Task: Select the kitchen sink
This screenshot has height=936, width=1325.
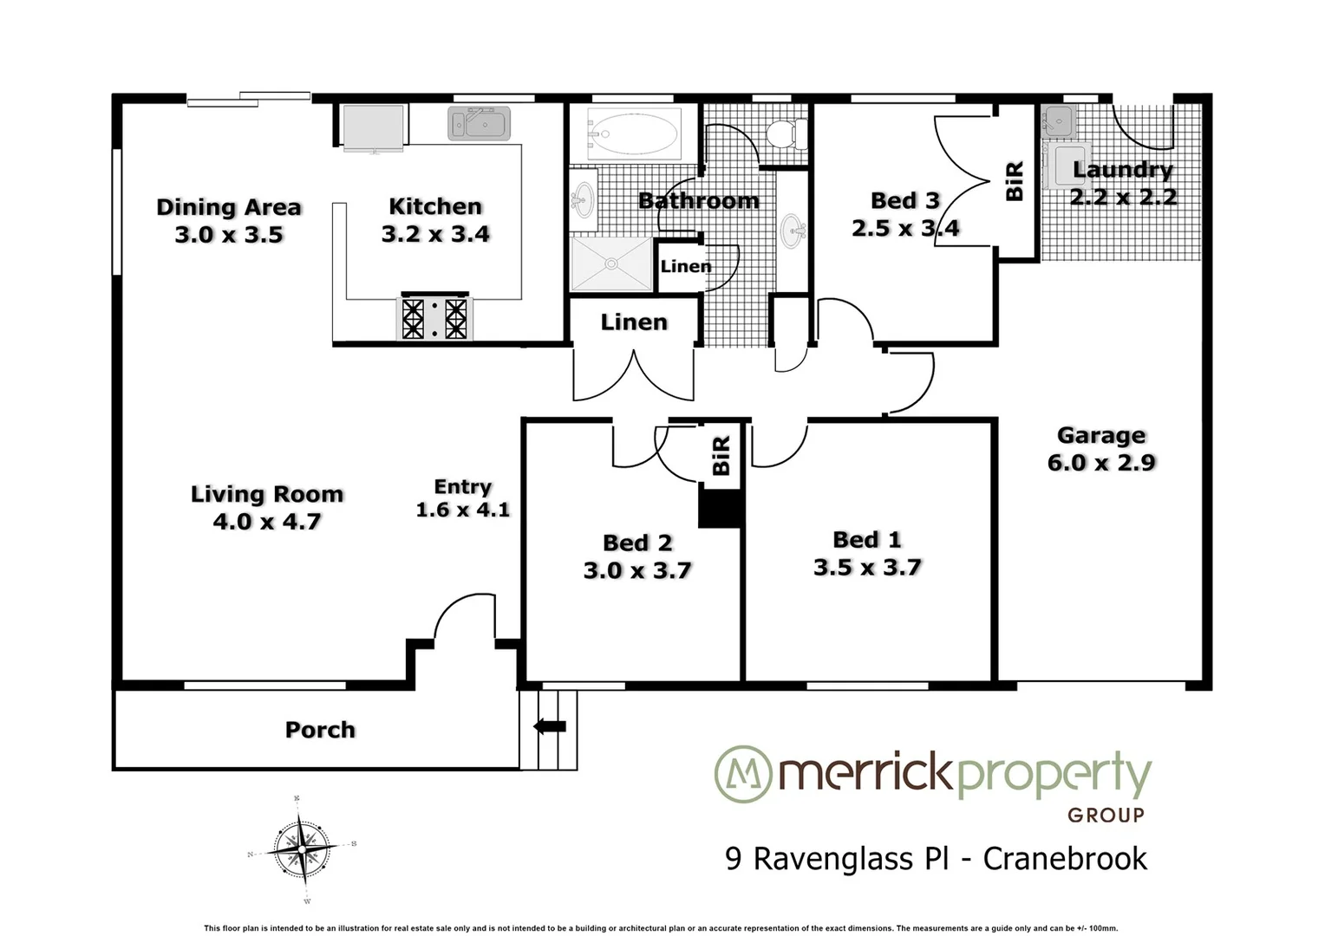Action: tap(480, 124)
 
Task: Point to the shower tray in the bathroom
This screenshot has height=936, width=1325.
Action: tap(610, 263)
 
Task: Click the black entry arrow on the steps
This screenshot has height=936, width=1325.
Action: tap(549, 726)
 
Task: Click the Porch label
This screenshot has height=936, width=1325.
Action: tap(320, 730)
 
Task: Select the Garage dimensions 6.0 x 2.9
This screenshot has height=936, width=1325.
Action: tap(1101, 463)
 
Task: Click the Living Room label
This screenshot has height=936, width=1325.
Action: tap(267, 494)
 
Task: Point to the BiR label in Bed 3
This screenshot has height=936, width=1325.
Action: tap(1015, 181)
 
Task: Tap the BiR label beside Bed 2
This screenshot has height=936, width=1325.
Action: tap(721, 456)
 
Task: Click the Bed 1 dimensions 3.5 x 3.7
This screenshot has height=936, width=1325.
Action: tap(867, 568)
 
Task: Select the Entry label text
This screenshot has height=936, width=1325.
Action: tap(462, 487)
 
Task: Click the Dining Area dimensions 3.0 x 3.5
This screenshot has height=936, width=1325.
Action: tap(229, 235)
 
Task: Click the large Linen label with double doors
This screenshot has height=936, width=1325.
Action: tap(634, 322)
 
